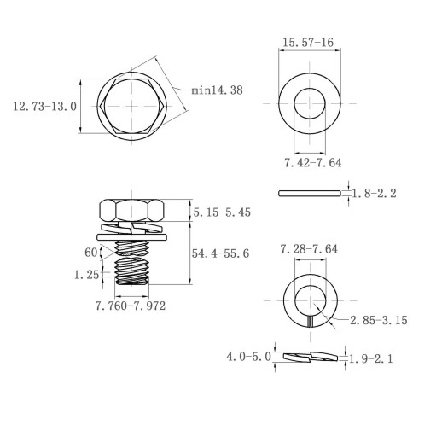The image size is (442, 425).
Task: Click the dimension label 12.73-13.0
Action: pos(45,107)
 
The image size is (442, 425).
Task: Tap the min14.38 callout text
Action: pos(217,90)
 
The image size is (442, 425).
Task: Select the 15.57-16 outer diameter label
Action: pos(308,43)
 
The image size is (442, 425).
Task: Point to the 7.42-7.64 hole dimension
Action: pos(313,163)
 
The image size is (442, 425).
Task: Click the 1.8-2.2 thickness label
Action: pos(375,194)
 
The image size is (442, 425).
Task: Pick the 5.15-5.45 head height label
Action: pos(222,212)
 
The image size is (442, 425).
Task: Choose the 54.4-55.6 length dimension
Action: pos(220,253)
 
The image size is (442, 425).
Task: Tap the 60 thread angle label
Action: pos(91,253)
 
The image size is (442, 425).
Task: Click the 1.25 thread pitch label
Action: pos(86,275)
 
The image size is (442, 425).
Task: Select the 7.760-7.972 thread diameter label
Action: pos(131,306)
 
